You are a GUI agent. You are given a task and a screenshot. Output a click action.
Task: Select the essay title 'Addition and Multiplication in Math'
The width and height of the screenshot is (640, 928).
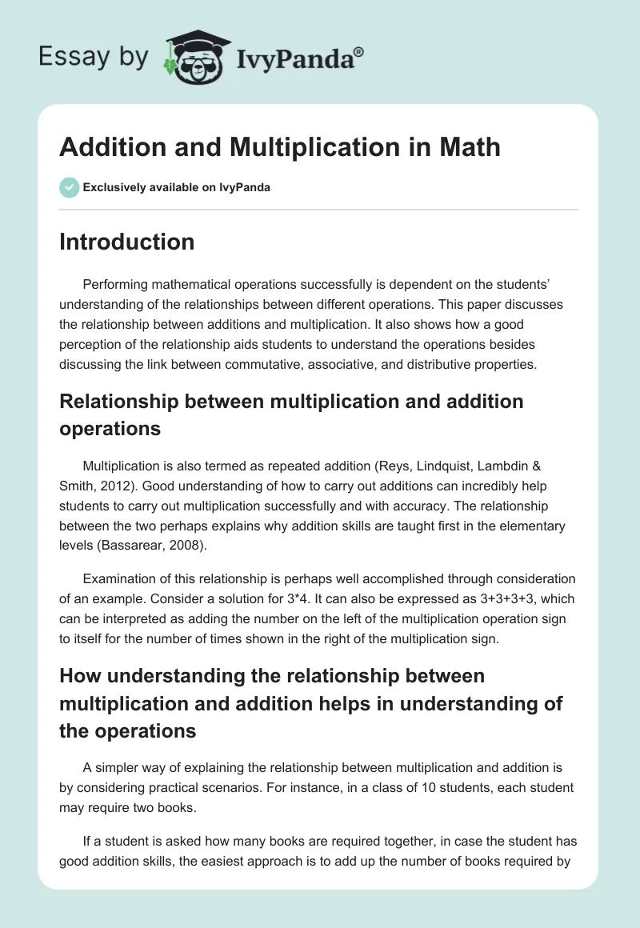279,147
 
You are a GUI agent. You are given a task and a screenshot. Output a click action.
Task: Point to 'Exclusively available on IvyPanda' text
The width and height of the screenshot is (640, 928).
176,187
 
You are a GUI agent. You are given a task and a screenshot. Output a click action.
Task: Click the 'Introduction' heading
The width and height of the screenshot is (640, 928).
126,242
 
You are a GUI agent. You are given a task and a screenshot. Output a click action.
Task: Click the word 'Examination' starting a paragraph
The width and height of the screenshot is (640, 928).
117,578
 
